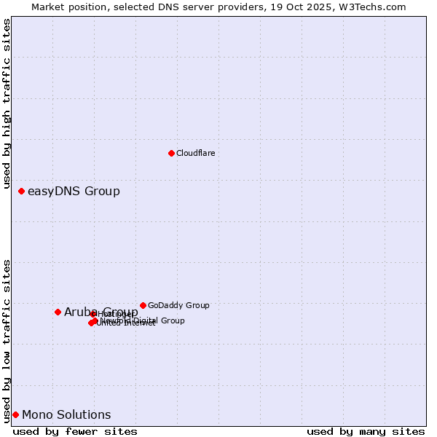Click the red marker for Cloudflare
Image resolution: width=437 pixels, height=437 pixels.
(x=171, y=153)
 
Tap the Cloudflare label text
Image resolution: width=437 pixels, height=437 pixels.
(x=195, y=153)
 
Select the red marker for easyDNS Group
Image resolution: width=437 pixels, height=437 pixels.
(x=21, y=191)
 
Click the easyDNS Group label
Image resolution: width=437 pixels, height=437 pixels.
(x=74, y=192)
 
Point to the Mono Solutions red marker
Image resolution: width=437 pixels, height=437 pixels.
(x=15, y=414)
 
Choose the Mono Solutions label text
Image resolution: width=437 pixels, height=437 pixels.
(x=66, y=415)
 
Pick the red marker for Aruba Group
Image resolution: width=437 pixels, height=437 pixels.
(x=58, y=312)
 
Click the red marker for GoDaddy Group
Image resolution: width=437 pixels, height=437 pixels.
(x=143, y=305)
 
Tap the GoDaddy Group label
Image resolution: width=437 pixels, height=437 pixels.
(x=178, y=306)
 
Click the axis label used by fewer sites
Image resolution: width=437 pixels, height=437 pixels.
(x=75, y=431)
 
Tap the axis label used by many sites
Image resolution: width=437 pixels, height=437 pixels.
(x=365, y=431)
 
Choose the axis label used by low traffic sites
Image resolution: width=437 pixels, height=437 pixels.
(x=7, y=340)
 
